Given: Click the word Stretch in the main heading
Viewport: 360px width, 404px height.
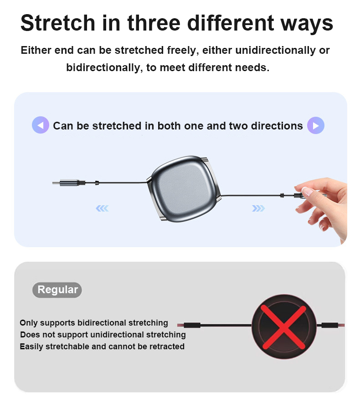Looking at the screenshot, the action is [58, 23].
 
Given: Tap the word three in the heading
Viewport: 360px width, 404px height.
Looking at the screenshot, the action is [154, 23].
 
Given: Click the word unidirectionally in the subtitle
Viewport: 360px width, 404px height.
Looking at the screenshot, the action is [275, 50].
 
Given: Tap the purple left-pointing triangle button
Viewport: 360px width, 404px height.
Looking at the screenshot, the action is [41, 125].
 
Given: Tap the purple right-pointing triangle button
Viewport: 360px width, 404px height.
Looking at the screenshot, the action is [316, 125].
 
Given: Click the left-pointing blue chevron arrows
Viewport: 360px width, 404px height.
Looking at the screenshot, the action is [102, 208].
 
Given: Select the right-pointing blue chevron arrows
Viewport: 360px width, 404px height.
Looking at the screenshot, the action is [258, 208].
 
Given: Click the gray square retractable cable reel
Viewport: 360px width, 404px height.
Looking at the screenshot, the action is [184, 189].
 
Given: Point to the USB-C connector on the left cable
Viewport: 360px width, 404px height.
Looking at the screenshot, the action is [69, 183].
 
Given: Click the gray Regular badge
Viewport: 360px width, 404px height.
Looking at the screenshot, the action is [57, 290].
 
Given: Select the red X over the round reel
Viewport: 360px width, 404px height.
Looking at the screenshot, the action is [283, 327].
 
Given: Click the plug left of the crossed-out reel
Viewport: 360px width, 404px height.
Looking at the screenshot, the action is [192, 325].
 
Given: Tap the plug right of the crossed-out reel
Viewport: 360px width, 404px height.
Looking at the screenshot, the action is [330, 325].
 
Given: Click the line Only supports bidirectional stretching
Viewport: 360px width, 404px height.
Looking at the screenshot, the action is [94, 323].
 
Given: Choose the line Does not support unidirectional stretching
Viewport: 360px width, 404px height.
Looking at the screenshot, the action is [103, 335].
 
